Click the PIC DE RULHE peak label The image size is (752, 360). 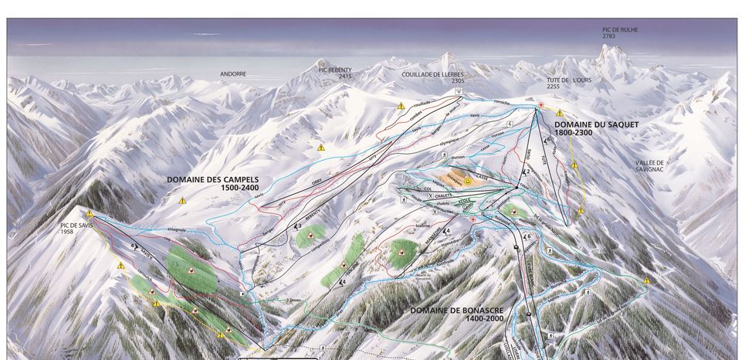pos(620,29)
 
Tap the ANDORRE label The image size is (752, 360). pos(232,74)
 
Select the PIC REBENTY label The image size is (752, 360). pos(334,69)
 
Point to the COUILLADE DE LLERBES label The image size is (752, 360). pos(432,74)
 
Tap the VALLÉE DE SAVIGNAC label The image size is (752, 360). pos(650,168)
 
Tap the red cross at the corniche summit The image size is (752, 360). pos(541,105)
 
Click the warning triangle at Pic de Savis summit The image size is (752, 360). pos(90,212)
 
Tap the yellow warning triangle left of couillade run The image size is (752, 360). pos(401,106)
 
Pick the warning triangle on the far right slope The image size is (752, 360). pos(647,281)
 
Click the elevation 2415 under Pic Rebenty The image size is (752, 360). pos(344,76)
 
